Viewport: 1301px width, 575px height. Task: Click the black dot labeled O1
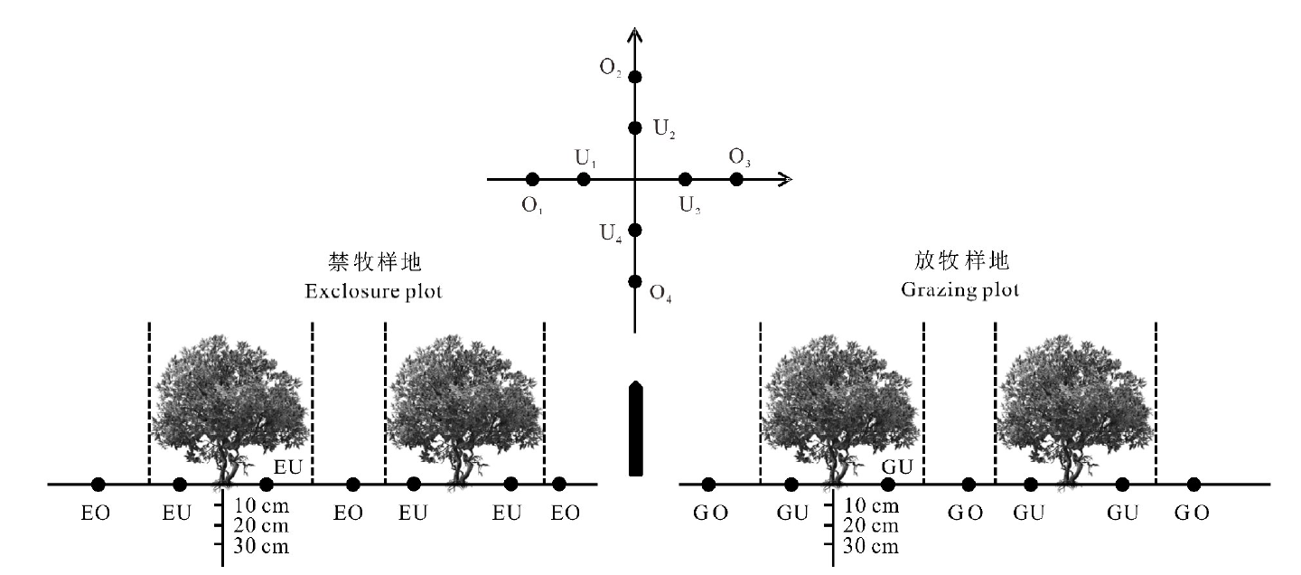point(532,179)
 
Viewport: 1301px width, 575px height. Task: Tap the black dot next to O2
point(634,77)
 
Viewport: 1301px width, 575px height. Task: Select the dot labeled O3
point(736,179)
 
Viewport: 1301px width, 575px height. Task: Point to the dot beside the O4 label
point(634,281)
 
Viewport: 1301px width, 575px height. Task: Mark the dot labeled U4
point(634,230)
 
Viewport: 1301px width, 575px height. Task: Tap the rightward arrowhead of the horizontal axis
point(787,179)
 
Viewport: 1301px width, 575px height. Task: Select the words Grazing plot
point(959,291)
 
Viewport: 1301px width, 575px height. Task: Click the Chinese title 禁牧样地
point(374,263)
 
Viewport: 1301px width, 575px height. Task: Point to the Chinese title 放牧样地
point(959,262)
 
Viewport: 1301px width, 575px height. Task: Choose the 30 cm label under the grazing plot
point(870,545)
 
